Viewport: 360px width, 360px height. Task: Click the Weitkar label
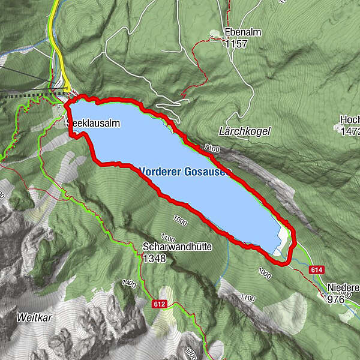(x=32, y=317)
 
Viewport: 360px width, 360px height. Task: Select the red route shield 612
(x=159, y=304)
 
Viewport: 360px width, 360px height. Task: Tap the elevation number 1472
(x=349, y=131)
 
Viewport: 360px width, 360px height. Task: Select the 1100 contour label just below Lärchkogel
(x=212, y=147)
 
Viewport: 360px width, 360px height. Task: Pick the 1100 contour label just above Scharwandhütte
(x=168, y=237)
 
